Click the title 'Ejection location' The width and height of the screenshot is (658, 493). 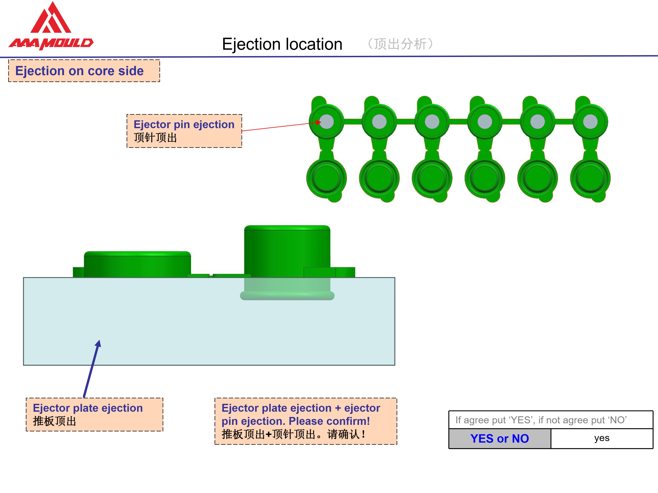point(282,44)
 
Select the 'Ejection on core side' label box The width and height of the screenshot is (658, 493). point(84,71)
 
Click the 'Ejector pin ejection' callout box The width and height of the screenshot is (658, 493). point(184,131)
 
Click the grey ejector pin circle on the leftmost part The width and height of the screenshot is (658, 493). point(327,122)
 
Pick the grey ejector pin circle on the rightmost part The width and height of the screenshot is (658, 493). point(590,122)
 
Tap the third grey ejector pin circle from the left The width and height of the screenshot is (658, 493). point(432,122)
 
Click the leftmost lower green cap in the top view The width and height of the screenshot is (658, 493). point(327,178)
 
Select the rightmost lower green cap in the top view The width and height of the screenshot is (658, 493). point(590,178)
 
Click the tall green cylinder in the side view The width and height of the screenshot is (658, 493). point(287,251)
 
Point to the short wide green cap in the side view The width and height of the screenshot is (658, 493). point(138,264)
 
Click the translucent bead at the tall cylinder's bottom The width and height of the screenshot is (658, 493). point(287,296)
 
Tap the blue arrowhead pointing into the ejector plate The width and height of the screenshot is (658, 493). point(98,344)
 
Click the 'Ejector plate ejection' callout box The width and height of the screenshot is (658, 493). point(95,415)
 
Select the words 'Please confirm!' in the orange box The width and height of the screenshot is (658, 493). point(329,421)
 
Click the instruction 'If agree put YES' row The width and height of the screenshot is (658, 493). point(551,420)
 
